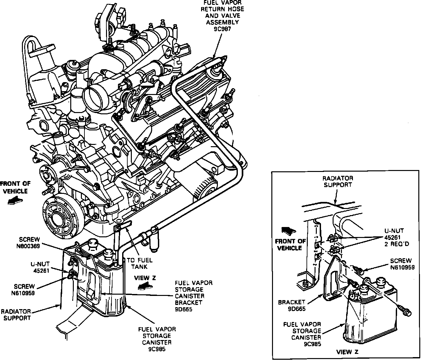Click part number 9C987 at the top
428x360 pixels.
(x=222, y=29)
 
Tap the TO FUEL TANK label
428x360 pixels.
(x=140, y=263)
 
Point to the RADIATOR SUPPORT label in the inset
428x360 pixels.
(x=338, y=181)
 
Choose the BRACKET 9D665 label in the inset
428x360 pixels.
(x=292, y=306)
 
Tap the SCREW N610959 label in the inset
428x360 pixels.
(x=402, y=264)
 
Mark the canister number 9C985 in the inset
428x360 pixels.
(x=312, y=344)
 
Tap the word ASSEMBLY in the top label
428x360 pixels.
(x=222, y=22)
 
